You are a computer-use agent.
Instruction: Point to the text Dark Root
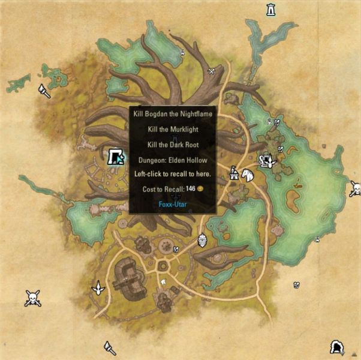click(183, 145)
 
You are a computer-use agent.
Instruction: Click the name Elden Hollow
click(189, 160)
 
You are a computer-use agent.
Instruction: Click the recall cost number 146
click(191, 189)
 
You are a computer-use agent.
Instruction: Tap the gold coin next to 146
click(201, 189)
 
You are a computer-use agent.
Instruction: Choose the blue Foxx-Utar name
click(173, 204)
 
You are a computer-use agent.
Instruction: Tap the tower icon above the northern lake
click(271, 10)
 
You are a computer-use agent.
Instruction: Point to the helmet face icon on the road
click(202, 240)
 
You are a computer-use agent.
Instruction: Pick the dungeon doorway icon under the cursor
click(116, 158)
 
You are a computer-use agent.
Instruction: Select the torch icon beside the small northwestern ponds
click(44, 91)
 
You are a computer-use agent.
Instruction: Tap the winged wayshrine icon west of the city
click(97, 289)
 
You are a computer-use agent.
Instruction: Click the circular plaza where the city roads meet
click(163, 265)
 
